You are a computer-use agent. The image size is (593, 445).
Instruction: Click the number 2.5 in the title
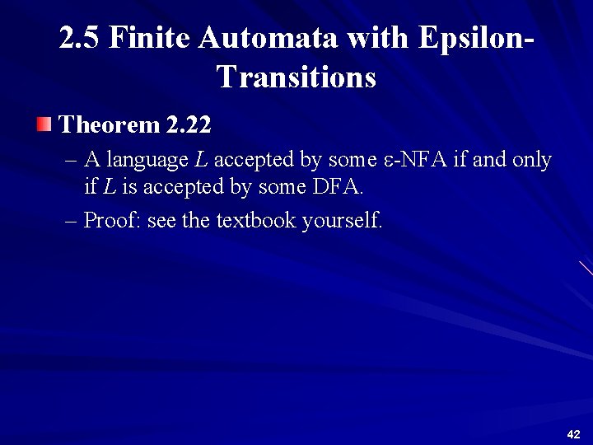click(80, 39)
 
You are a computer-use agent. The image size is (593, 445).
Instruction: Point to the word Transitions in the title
click(296, 77)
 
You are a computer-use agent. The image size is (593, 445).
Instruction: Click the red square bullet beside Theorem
click(44, 125)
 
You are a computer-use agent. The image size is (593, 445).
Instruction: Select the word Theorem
click(110, 125)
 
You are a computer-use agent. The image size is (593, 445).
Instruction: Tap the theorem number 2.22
click(189, 125)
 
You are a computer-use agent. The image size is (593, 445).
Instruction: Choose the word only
click(531, 160)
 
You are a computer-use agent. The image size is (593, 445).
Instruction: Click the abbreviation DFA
click(337, 187)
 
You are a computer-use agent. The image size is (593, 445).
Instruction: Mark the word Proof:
click(112, 220)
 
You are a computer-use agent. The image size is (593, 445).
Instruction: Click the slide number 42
click(574, 434)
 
